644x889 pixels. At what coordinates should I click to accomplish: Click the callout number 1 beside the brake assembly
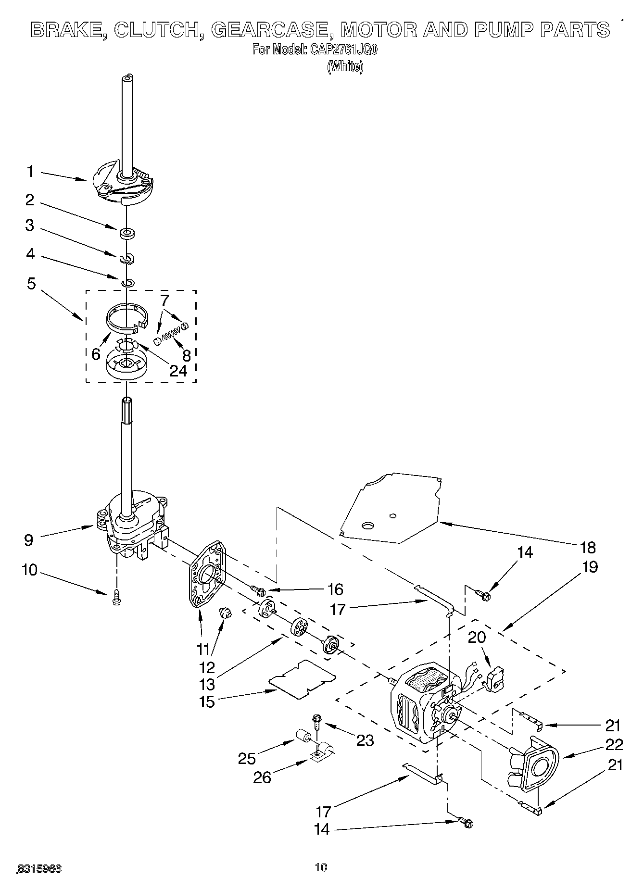30,171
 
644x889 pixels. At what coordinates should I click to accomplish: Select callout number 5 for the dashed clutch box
31,284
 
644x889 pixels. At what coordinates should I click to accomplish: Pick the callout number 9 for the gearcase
28,539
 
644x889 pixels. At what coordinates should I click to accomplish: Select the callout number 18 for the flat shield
588,547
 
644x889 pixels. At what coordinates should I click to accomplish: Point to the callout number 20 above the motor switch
477,637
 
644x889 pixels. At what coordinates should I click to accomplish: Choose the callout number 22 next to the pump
613,745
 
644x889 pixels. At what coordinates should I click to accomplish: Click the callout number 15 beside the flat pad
207,701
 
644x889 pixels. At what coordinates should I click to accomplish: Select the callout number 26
263,777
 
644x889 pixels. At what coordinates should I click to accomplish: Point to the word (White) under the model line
345,66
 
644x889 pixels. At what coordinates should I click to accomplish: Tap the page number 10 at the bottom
321,867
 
